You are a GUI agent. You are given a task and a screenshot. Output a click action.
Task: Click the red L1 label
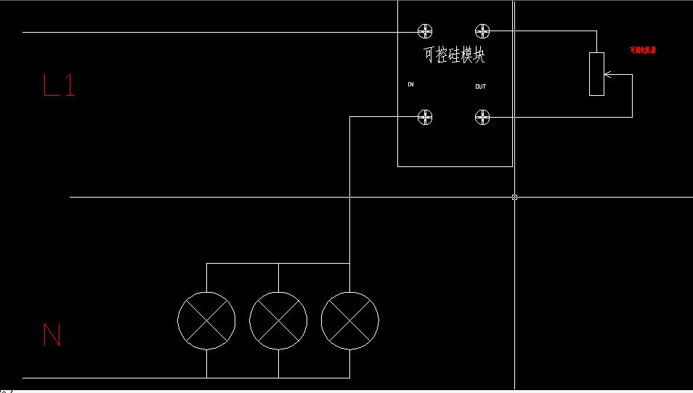pos(59,86)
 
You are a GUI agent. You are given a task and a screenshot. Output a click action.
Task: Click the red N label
pos(52,335)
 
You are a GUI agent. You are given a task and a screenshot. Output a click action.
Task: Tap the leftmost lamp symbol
pos(206,320)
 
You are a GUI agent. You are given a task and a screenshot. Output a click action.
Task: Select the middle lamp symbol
pos(278,320)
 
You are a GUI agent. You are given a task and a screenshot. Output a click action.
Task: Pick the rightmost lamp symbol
pos(349,320)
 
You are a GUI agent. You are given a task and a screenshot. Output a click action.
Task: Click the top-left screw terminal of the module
pos(425,31)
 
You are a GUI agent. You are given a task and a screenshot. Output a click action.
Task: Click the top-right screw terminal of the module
pos(482,31)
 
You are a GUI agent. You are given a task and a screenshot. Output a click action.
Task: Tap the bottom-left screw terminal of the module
pos(425,117)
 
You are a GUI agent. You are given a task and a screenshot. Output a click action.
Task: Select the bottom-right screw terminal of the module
pos(482,117)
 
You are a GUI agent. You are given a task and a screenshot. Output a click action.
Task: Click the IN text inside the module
pos(410,85)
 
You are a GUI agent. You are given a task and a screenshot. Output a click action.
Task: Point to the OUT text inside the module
pos(480,87)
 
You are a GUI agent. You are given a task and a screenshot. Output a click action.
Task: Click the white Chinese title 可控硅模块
pos(454,55)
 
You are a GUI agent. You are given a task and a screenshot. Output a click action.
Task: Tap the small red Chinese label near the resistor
pos(643,50)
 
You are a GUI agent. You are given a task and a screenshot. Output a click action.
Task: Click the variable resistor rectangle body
pos(596,73)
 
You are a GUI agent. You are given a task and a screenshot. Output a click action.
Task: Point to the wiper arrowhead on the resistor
pos(607,74)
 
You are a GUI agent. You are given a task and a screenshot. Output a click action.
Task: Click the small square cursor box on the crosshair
pos(514,197)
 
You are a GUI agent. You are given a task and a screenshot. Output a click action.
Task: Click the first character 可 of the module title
pos(429,55)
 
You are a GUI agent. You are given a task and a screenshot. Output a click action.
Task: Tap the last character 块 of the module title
pos(479,55)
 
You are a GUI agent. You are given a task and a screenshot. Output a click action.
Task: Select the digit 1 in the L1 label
pos(69,86)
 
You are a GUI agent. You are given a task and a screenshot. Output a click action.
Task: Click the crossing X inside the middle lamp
pos(278,320)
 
